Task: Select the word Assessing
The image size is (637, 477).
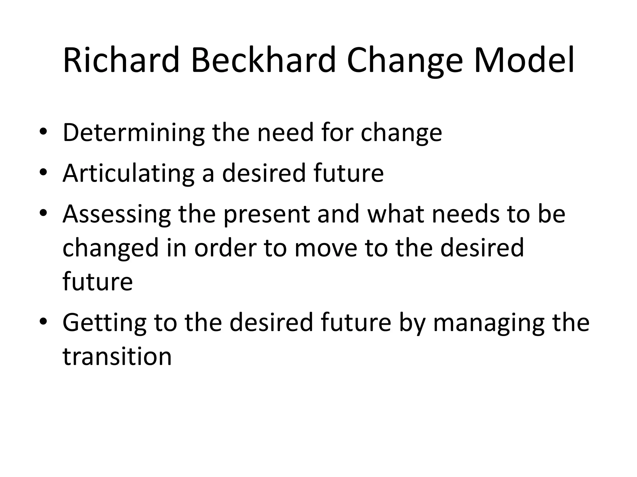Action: point(117,214)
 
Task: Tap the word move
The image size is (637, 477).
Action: point(326,248)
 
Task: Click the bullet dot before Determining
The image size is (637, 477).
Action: point(43,132)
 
